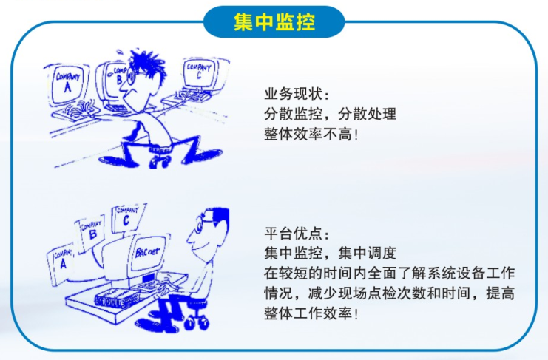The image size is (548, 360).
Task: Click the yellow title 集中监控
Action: coord(274,21)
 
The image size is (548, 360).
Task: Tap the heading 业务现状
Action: coord(293,95)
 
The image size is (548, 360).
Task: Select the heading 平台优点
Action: coord(293,234)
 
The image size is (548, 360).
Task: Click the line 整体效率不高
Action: coord(308,134)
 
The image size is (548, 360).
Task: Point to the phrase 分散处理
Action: coord(368,114)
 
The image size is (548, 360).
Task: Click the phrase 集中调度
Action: coord(368,253)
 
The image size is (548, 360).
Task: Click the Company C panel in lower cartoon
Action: coord(127,217)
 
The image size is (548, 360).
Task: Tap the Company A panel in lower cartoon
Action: coord(61,262)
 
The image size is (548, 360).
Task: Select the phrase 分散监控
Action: coord(293,114)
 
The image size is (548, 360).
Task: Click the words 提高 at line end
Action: coord(500,293)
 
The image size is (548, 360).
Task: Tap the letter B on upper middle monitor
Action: coord(120,80)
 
